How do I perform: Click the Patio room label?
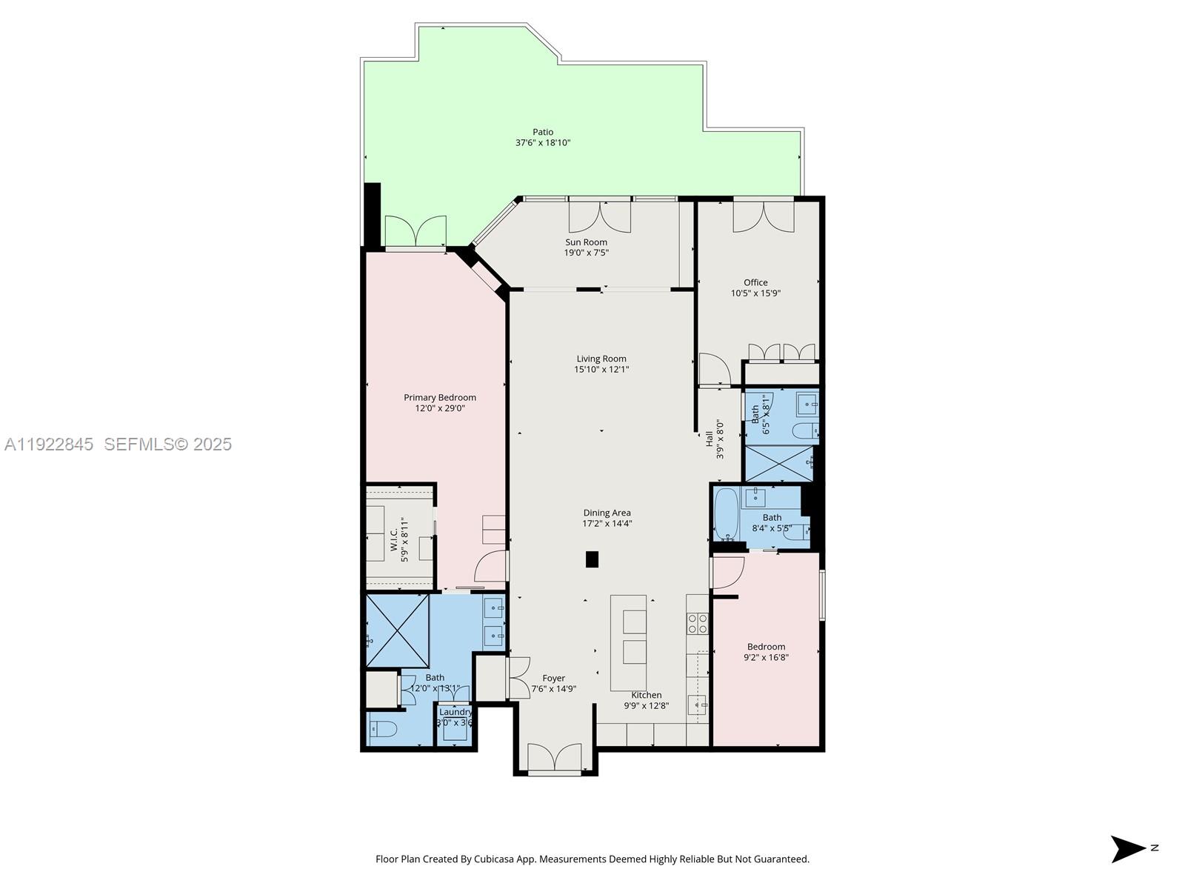point(543,132)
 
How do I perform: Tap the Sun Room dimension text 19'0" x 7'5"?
point(586,253)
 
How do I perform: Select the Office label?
point(755,282)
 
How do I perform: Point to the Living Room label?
point(601,359)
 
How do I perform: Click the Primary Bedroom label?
point(439,398)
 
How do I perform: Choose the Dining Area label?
point(607,513)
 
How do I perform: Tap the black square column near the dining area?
point(592,559)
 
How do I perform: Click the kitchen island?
point(629,642)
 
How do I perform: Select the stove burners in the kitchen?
point(698,624)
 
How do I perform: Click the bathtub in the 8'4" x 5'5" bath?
point(726,514)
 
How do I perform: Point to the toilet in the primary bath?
point(383,729)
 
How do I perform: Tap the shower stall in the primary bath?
point(398,630)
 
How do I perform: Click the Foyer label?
point(553,678)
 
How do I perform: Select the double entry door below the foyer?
point(555,759)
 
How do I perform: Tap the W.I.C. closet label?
point(395,539)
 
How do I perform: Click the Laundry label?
point(455,712)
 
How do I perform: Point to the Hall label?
point(709,439)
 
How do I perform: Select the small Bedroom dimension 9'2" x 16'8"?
point(766,657)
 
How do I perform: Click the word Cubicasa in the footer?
point(494,859)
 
